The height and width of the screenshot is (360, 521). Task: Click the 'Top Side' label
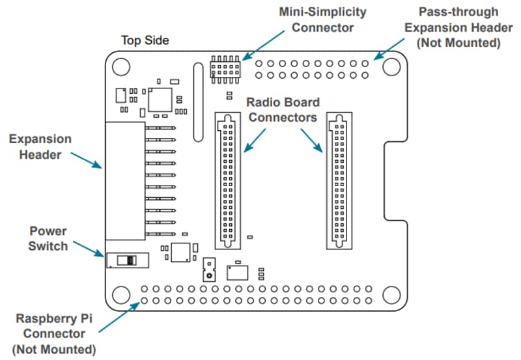(145, 40)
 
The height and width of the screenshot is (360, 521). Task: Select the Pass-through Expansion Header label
(458, 27)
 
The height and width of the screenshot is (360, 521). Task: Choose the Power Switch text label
(48, 238)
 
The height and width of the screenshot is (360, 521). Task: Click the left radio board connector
(227, 180)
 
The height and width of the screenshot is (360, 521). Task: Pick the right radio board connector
(339, 180)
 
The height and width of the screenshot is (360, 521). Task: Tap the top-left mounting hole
(120, 66)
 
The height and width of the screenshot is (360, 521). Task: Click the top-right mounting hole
(391, 66)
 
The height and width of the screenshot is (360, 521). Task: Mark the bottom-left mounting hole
(120, 294)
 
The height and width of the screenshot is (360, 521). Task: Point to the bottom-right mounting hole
(391, 294)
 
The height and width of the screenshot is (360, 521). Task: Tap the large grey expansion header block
(126, 180)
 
